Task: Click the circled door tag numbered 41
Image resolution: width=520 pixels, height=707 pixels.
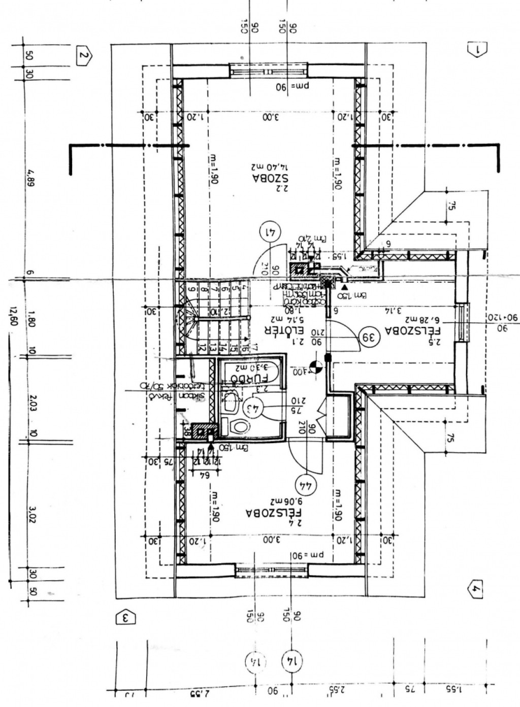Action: [271, 232]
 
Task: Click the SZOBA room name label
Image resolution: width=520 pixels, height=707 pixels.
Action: [271, 178]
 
